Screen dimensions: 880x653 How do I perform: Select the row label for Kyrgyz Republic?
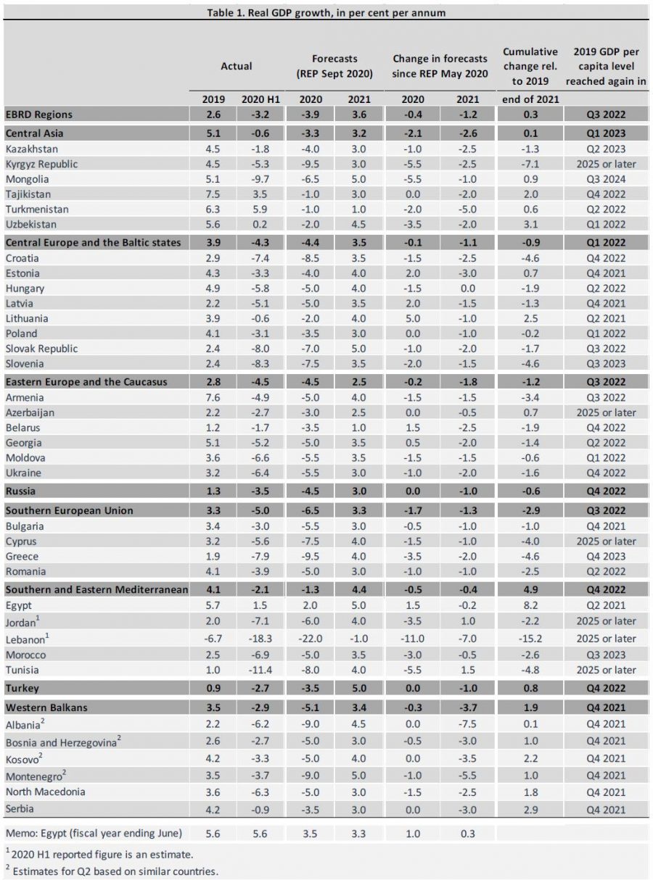pos(41,164)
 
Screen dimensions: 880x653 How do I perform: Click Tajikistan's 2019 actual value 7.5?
pos(213,194)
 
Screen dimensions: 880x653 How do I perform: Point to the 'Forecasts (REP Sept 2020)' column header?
pos(334,67)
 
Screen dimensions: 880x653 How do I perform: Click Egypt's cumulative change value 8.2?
pos(530,605)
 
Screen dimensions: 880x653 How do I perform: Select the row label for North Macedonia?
pos(45,792)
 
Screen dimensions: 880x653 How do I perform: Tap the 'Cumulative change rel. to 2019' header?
pos(530,67)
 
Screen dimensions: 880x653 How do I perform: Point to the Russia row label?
pos(22,491)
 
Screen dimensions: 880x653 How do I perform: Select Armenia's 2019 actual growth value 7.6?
pos(213,397)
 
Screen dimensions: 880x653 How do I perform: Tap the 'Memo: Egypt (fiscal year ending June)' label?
pos(94,832)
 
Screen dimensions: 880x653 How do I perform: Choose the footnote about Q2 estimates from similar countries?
pos(112,871)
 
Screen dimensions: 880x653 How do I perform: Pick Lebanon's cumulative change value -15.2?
pos(530,639)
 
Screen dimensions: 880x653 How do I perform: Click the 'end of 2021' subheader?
pos(530,99)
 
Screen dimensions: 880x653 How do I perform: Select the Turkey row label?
pos(22,687)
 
